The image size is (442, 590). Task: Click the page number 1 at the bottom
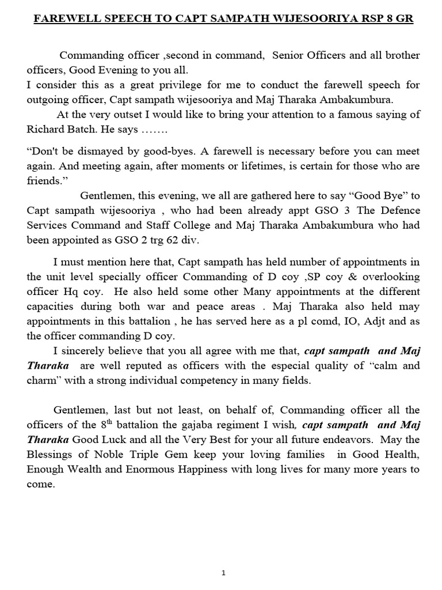(223, 573)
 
